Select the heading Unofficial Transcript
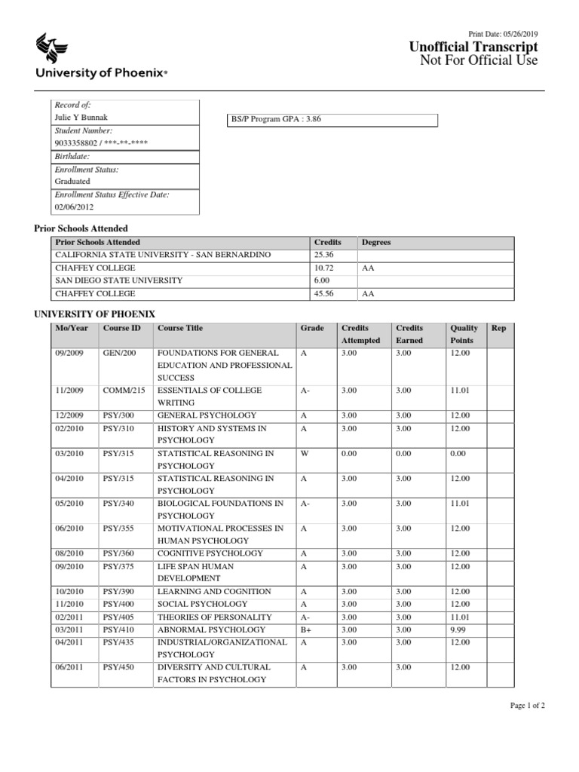(x=473, y=47)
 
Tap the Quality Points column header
(x=464, y=334)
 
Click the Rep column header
(x=498, y=328)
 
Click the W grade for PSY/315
(x=303, y=454)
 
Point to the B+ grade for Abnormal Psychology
(x=305, y=630)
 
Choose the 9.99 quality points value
(x=458, y=630)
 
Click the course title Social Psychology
(x=201, y=604)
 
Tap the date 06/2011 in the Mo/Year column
(x=71, y=667)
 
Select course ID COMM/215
(x=124, y=391)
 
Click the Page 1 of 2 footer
(x=527, y=706)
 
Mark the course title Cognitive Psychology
(x=210, y=553)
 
